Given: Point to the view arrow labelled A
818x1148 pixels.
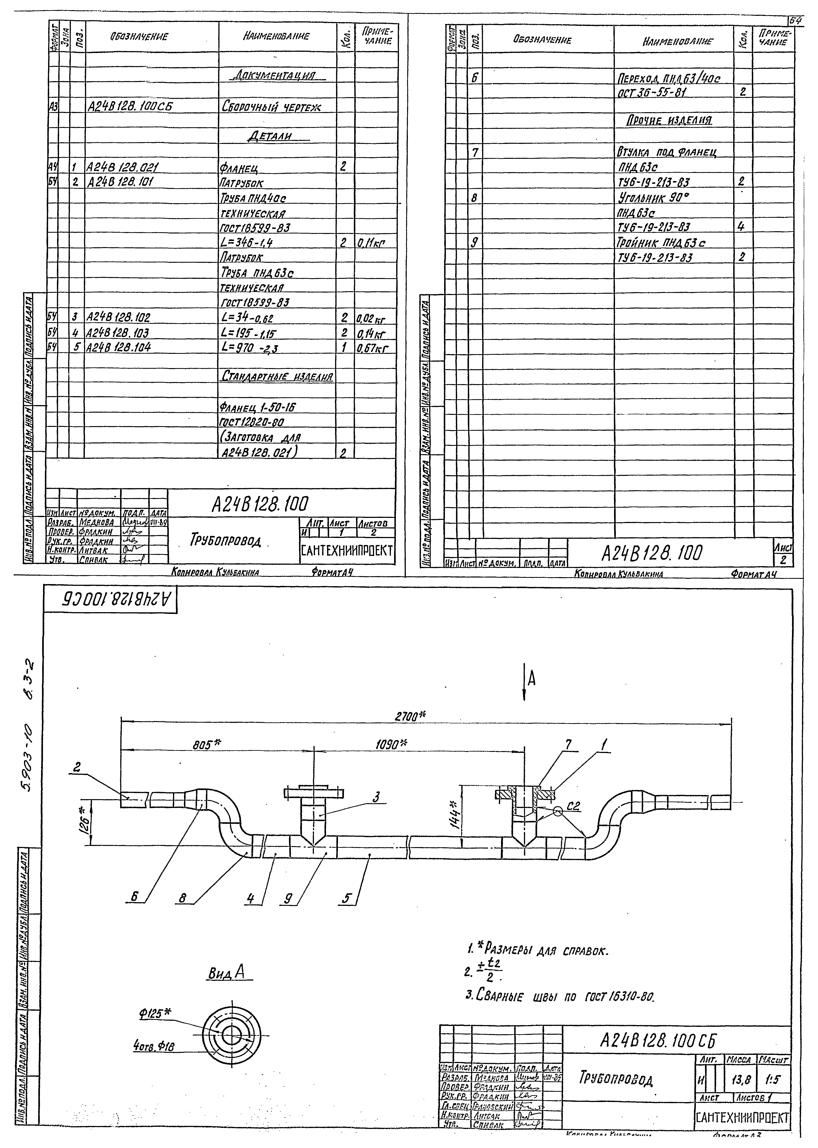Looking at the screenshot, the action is coord(530,680).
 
